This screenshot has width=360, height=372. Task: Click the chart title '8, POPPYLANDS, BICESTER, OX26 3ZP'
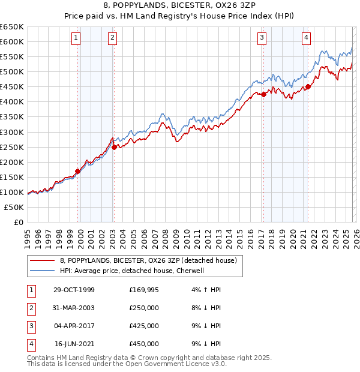click(x=179, y=5)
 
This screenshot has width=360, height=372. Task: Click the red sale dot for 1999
click(x=78, y=171)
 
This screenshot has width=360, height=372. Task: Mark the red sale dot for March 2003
click(x=114, y=147)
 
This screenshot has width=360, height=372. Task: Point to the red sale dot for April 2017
click(x=263, y=94)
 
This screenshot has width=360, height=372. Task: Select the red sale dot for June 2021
click(x=308, y=86)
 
